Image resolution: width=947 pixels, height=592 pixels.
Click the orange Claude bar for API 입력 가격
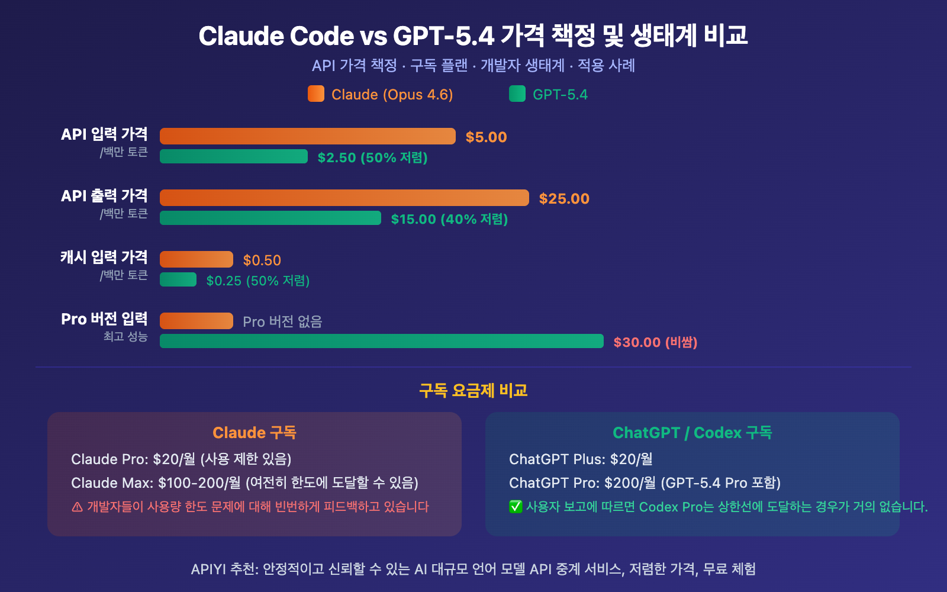[x=308, y=136]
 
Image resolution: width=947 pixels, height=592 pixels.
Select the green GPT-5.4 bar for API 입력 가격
[x=234, y=156]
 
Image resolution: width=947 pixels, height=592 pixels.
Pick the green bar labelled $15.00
[x=270, y=218]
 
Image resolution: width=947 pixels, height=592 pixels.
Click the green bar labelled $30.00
[x=382, y=341]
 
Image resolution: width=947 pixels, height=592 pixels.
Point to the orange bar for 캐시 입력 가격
[x=197, y=259]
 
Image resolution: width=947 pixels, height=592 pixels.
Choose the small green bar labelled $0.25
[x=178, y=279]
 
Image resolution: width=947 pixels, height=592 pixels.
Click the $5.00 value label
[x=486, y=137]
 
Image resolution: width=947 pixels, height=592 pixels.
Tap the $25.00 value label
[x=564, y=199]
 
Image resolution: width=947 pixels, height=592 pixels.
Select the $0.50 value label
[x=262, y=260]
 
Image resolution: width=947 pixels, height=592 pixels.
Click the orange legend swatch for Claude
[x=316, y=94]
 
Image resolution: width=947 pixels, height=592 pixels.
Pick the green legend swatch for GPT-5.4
[x=517, y=94]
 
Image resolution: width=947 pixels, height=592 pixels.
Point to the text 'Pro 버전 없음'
[x=282, y=321]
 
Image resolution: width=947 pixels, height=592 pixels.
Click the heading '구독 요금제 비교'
[x=474, y=391]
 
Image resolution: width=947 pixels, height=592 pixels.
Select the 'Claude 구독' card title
[x=255, y=433]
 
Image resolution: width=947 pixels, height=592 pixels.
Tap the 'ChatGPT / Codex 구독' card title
[x=692, y=433]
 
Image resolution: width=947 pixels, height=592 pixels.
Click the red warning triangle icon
[x=77, y=507]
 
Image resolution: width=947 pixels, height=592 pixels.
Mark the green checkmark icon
[x=516, y=507]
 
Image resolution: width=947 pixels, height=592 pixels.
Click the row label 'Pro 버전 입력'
[x=104, y=319]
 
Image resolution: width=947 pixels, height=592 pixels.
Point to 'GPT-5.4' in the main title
[x=443, y=36]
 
